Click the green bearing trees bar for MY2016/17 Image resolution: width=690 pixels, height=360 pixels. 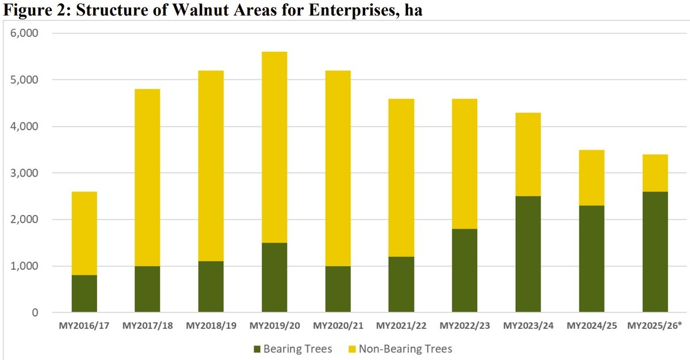84,294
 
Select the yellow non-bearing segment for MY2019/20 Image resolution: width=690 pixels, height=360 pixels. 274,147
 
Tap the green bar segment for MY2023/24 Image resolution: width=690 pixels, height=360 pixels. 528,254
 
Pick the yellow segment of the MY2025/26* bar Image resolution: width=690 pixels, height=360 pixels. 655,173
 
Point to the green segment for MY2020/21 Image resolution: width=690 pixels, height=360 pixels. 338,289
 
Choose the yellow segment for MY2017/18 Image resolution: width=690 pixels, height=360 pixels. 147,177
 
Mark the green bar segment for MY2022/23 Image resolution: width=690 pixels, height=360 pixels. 465,271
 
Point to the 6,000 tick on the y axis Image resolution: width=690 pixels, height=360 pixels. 24,33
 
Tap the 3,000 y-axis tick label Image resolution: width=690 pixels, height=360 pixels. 24,173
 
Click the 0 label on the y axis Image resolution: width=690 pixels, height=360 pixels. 34,313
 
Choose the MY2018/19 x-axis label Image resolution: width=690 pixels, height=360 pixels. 210,326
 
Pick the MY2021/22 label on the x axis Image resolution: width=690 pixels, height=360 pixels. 401,326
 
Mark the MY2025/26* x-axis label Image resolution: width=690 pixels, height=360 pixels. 655,326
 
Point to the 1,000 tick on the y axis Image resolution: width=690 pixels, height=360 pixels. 24,266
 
